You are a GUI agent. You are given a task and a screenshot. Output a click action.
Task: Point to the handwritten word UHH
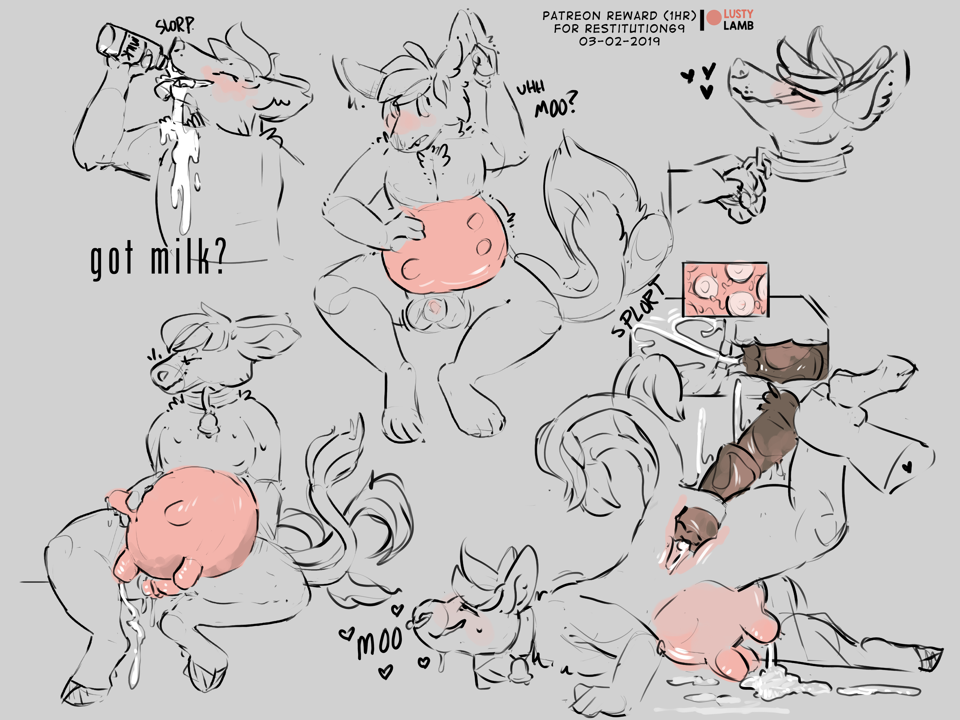point(530,89)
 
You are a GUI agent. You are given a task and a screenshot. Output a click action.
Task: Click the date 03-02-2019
point(619,41)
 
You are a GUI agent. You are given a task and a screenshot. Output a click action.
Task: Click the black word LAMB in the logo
point(738,26)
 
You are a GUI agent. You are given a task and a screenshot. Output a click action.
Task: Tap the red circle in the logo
point(714,18)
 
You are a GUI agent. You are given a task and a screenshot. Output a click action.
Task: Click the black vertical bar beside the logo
point(702,20)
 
